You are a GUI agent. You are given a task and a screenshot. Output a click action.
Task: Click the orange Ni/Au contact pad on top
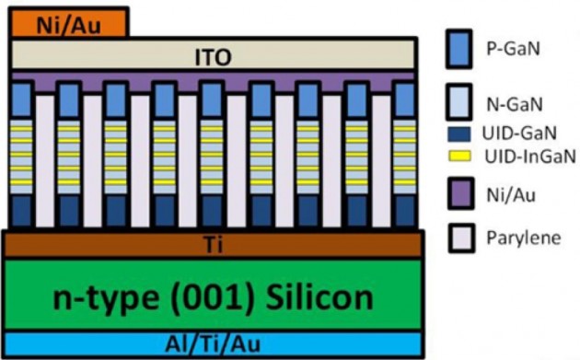(x=69, y=23)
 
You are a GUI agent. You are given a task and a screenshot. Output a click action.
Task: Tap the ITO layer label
(x=213, y=57)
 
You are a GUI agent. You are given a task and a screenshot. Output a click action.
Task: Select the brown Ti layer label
(x=214, y=245)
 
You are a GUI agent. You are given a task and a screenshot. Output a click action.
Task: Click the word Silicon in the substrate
(x=319, y=297)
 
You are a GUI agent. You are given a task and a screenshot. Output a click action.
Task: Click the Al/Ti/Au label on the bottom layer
(x=213, y=343)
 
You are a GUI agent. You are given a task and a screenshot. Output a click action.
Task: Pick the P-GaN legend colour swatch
(x=459, y=49)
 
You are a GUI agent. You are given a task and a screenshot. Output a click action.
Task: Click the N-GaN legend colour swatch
(x=459, y=102)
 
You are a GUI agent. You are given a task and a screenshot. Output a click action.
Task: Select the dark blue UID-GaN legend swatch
(x=459, y=134)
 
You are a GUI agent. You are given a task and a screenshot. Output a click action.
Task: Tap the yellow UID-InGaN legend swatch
(x=459, y=156)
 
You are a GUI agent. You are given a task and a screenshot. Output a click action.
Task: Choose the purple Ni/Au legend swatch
(x=461, y=193)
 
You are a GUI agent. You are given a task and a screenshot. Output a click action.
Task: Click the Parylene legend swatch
(x=461, y=238)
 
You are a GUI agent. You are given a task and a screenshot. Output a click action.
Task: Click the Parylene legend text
(x=524, y=238)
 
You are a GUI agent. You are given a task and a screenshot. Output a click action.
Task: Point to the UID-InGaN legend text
(x=530, y=157)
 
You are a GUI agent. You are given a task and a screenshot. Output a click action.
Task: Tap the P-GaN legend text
(x=513, y=49)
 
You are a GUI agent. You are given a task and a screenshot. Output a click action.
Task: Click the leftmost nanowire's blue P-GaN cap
(x=22, y=99)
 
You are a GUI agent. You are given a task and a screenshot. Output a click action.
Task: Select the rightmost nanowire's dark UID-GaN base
(x=405, y=211)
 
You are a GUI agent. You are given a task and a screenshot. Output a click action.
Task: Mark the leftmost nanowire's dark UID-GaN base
(x=22, y=211)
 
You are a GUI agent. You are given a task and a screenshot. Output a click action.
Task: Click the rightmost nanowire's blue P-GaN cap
(x=405, y=99)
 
